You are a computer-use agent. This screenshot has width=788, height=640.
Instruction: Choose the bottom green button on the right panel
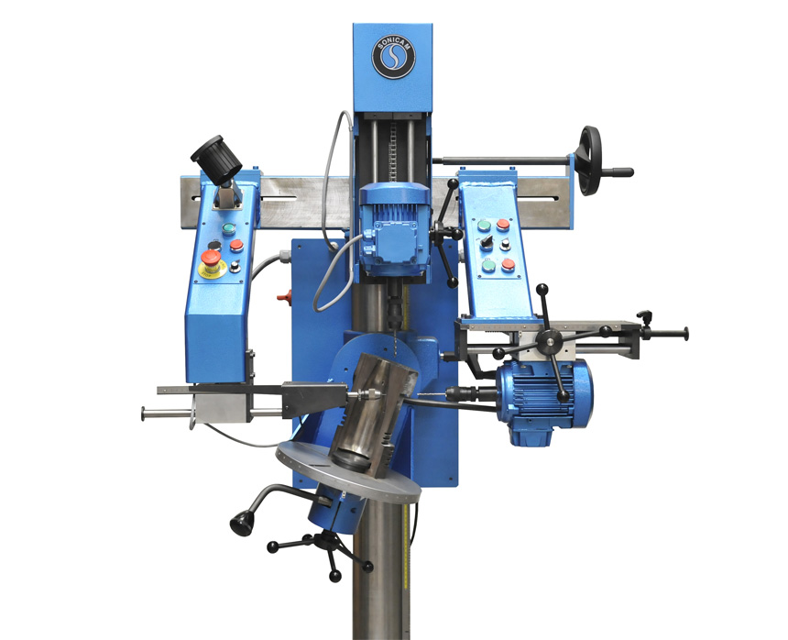pyautogui.click(x=488, y=267)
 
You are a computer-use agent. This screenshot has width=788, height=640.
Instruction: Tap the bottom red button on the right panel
pyautogui.click(x=508, y=265)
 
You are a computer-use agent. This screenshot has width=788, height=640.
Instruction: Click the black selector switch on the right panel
pyautogui.click(x=494, y=244)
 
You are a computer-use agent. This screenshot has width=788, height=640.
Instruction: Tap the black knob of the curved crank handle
pyautogui.click(x=243, y=523)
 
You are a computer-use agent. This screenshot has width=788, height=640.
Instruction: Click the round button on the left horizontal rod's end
pyautogui.click(x=145, y=414)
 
